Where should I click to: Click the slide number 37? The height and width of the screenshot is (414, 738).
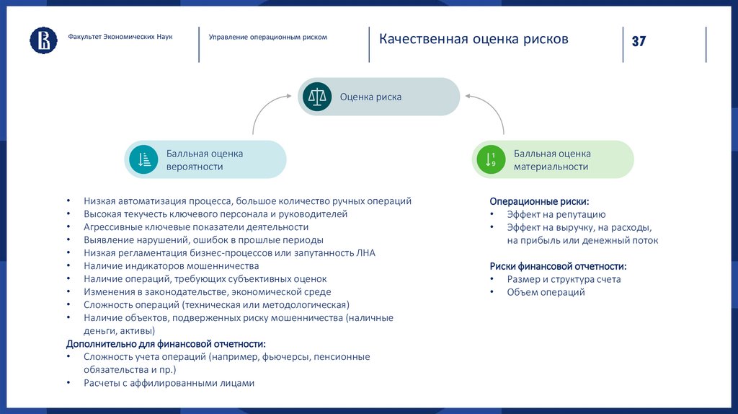point(639,41)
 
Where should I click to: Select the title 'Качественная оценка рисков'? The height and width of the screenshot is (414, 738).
point(474,39)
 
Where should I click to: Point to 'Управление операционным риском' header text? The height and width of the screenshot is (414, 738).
point(267,37)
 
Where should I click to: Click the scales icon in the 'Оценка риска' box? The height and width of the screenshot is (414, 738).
point(317,97)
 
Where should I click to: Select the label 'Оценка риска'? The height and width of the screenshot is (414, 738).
point(370,97)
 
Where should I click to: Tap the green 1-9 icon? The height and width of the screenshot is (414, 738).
point(491,159)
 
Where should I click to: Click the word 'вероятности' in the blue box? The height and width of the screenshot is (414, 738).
point(195,167)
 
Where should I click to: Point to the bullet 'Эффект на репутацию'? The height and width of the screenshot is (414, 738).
point(556,214)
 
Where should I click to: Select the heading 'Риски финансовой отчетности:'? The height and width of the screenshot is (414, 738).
point(558,266)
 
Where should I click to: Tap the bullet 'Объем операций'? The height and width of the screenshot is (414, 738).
point(546,292)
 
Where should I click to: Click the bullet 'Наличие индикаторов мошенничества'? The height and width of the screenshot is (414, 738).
point(171,266)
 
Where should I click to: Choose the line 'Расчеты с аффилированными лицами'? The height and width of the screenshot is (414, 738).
point(169,383)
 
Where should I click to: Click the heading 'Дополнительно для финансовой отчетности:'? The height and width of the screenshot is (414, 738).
point(166,343)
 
